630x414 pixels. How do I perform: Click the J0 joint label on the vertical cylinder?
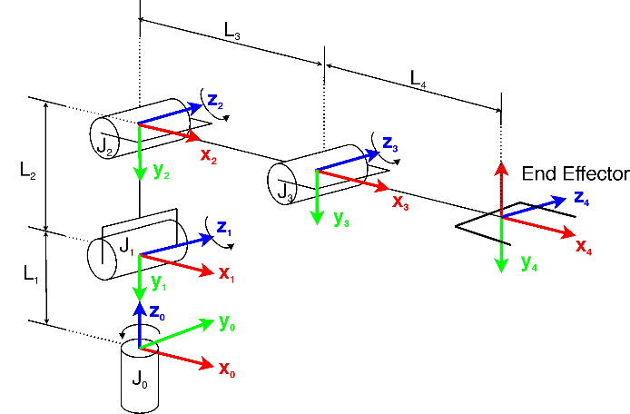click(140, 379)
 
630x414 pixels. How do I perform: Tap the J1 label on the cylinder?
click(127, 245)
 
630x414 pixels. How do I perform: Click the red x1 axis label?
click(227, 272)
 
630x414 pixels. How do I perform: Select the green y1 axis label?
click(159, 282)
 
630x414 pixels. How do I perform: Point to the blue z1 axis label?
click(223, 229)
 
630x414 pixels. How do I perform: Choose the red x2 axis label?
click(209, 155)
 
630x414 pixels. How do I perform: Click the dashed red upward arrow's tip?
click(501, 164)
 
